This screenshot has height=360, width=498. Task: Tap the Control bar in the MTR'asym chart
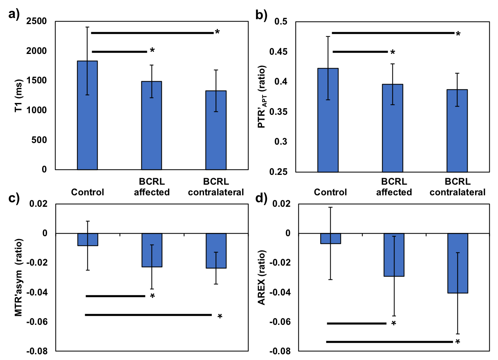[87, 239]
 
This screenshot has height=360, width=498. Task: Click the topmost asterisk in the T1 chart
[218, 32]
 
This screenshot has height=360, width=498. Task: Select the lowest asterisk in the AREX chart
[458, 342]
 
